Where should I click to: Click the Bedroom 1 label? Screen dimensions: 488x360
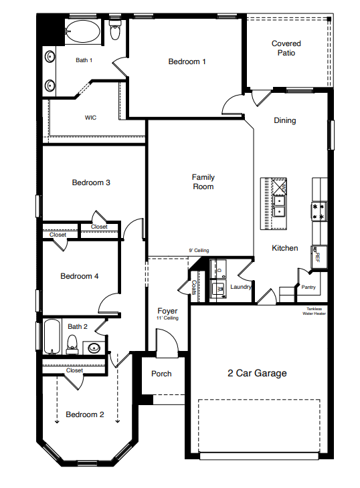click(x=187, y=62)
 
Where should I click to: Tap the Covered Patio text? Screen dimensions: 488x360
click(x=286, y=48)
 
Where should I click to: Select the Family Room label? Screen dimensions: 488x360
click(x=203, y=182)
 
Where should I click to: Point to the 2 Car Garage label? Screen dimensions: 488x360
click(x=257, y=373)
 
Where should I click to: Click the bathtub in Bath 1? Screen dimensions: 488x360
click(x=84, y=31)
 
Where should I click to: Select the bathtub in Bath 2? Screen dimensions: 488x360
click(x=52, y=336)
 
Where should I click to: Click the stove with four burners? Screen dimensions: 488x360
click(x=319, y=211)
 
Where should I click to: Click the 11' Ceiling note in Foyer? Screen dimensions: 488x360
click(x=167, y=318)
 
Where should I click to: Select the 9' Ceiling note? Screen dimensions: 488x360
click(x=199, y=251)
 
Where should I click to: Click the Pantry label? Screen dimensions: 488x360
click(x=308, y=287)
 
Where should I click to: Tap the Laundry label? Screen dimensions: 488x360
click(x=240, y=287)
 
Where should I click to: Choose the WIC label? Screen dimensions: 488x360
click(x=90, y=117)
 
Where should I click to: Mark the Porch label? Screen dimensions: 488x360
click(x=161, y=374)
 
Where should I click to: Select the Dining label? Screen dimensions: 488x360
click(x=284, y=120)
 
